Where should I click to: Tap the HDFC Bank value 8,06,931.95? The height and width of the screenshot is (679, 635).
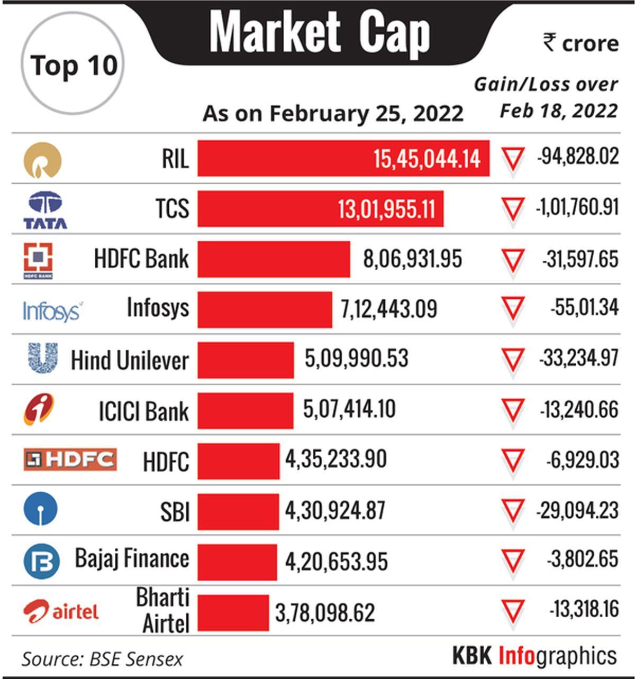pos(412,259)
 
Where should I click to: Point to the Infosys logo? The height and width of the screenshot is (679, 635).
pos(52,310)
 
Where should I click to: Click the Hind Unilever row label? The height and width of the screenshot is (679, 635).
pos(130,361)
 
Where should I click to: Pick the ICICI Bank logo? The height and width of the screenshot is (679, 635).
pos(39,410)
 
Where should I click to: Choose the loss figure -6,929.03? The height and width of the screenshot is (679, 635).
pos(583,460)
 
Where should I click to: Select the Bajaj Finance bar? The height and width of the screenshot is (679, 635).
pos(237,562)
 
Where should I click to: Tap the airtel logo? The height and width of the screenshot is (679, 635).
pos(61,611)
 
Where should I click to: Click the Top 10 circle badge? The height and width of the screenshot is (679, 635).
pos(73,64)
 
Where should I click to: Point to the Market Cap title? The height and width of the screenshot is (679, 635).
pos(320,33)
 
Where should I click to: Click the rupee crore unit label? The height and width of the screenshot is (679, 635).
pos(580,43)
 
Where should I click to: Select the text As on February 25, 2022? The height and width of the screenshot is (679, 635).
pos(333,113)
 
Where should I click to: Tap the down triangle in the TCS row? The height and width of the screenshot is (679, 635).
pos(513,209)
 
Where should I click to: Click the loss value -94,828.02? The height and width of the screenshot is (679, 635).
pos(578,157)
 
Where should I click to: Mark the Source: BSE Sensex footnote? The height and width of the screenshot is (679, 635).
pos(102,659)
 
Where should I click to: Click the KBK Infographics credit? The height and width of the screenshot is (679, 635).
pos(534,656)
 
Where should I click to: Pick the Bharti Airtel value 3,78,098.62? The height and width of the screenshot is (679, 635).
pos(325,612)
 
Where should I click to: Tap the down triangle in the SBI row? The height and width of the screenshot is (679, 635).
pos(513,510)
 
